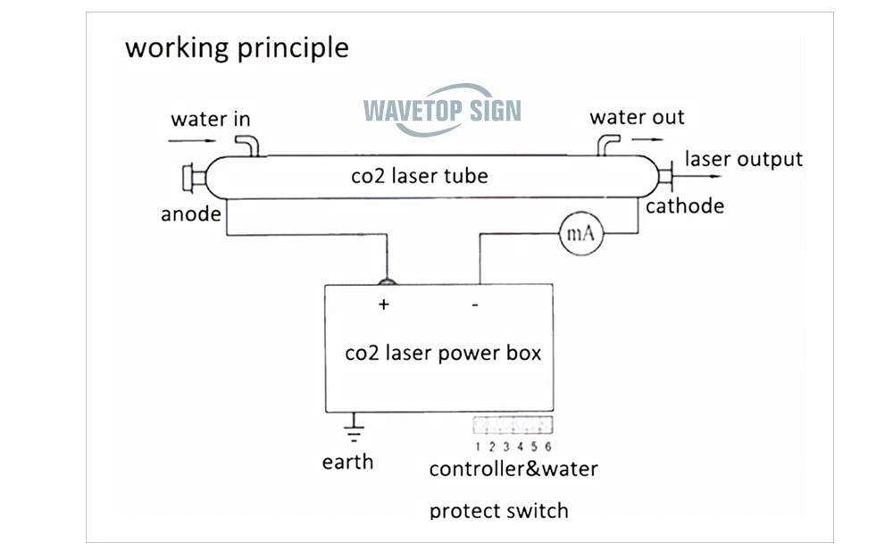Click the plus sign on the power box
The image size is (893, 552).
[x=384, y=305]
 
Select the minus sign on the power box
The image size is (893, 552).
[x=475, y=305]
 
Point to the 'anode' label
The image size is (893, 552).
[x=191, y=214]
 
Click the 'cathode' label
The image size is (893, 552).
[x=685, y=205]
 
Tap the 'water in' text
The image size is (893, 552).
[x=211, y=119]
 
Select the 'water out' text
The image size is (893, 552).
[x=637, y=117]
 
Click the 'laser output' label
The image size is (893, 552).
[x=744, y=160]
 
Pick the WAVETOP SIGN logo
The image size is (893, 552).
[x=443, y=110]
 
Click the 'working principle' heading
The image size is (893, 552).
[x=237, y=48]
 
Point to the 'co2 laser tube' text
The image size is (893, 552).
[x=420, y=176]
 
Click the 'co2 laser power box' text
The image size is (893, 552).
[x=443, y=353]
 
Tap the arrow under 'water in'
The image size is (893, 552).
[x=192, y=140]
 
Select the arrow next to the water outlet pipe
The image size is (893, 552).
[x=647, y=139]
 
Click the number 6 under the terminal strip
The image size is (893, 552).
[x=548, y=447]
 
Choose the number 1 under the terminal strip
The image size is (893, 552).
[x=477, y=447]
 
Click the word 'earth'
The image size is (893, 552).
[x=348, y=462]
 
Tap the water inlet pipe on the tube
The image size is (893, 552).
[x=248, y=146]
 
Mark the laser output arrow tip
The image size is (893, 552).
[x=722, y=176]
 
